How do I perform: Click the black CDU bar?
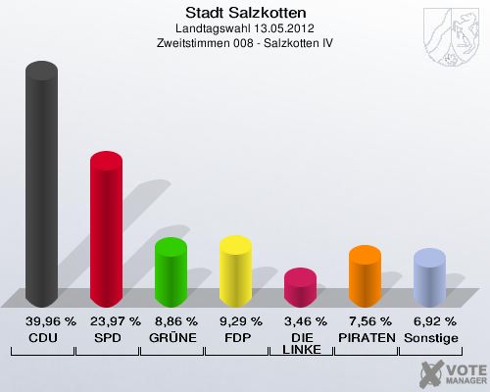41,186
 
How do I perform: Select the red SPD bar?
106,231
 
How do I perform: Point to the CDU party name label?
41,337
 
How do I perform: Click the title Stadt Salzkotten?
245,13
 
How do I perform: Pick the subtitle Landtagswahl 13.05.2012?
245,29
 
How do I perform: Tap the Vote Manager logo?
452,372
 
